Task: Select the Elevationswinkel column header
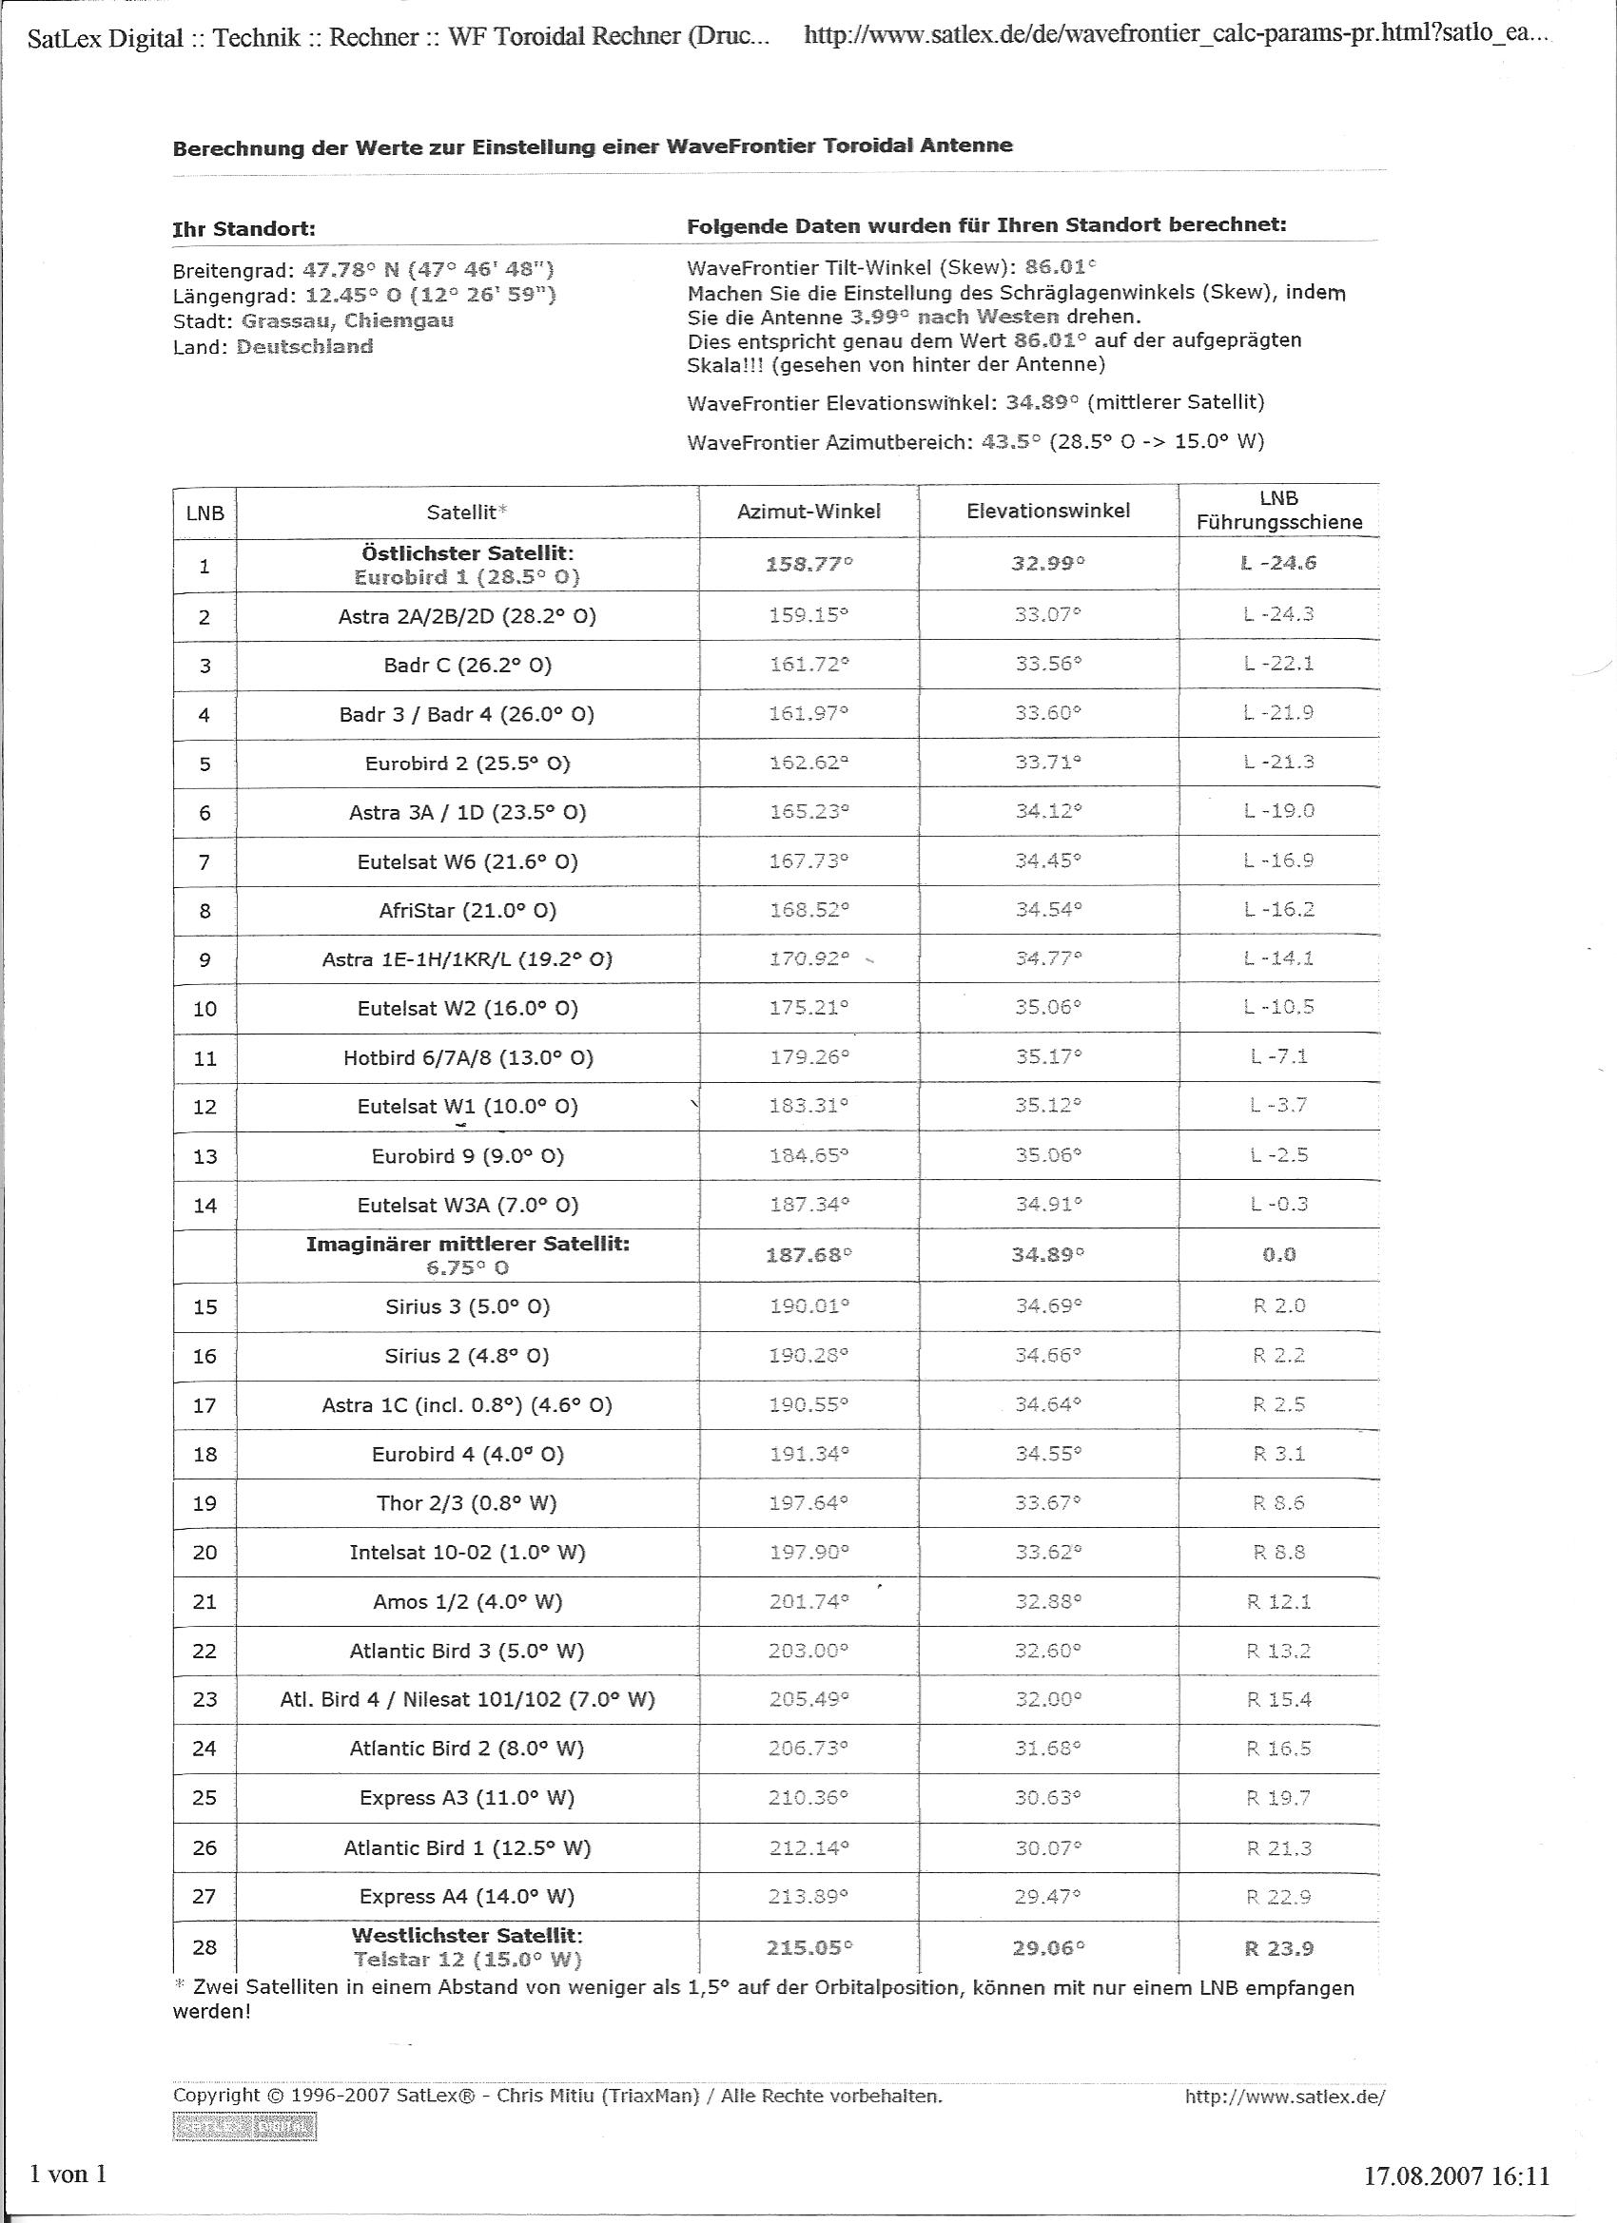point(1047,511)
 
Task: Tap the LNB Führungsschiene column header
point(1278,511)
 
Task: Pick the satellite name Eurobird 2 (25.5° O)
point(467,764)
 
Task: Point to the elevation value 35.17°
point(1047,1057)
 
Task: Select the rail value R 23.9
point(1278,1948)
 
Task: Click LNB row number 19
point(204,1503)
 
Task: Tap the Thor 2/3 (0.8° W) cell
point(467,1503)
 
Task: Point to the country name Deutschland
point(304,346)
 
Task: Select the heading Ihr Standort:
point(244,229)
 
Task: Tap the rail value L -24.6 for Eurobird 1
point(1278,564)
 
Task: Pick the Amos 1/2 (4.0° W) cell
point(467,1601)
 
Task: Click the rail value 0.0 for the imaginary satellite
point(1278,1255)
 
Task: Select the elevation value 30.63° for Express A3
point(1047,1798)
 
